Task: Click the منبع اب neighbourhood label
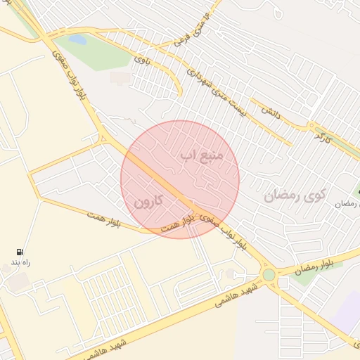[x=202, y=153]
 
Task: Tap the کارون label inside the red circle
[x=148, y=201]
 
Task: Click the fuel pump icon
[x=19, y=252]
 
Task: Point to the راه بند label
[x=21, y=262]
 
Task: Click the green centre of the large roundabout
[x=269, y=275]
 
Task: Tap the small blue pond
[x=78, y=40]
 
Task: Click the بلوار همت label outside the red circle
[x=104, y=219]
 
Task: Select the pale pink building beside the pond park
[x=120, y=77]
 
